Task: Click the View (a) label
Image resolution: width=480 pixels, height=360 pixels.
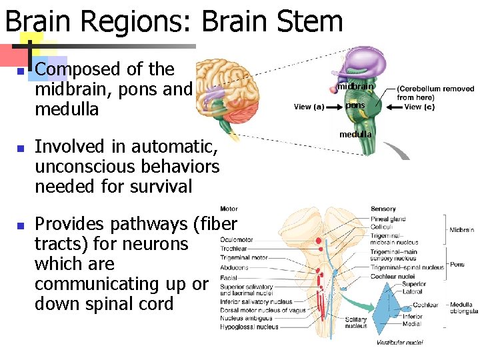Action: pyautogui.click(x=309, y=107)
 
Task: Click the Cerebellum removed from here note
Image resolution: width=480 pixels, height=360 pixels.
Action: pyautogui.click(x=435, y=93)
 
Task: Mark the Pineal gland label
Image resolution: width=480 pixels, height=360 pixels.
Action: pyautogui.click(x=388, y=219)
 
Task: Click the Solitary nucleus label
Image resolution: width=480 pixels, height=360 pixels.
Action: pyautogui.click(x=356, y=323)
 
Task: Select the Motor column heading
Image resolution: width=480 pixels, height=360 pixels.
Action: pyautogui.click(x=229, y=209)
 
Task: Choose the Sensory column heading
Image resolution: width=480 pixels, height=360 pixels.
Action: pyautogui.click(x=383, y=209)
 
